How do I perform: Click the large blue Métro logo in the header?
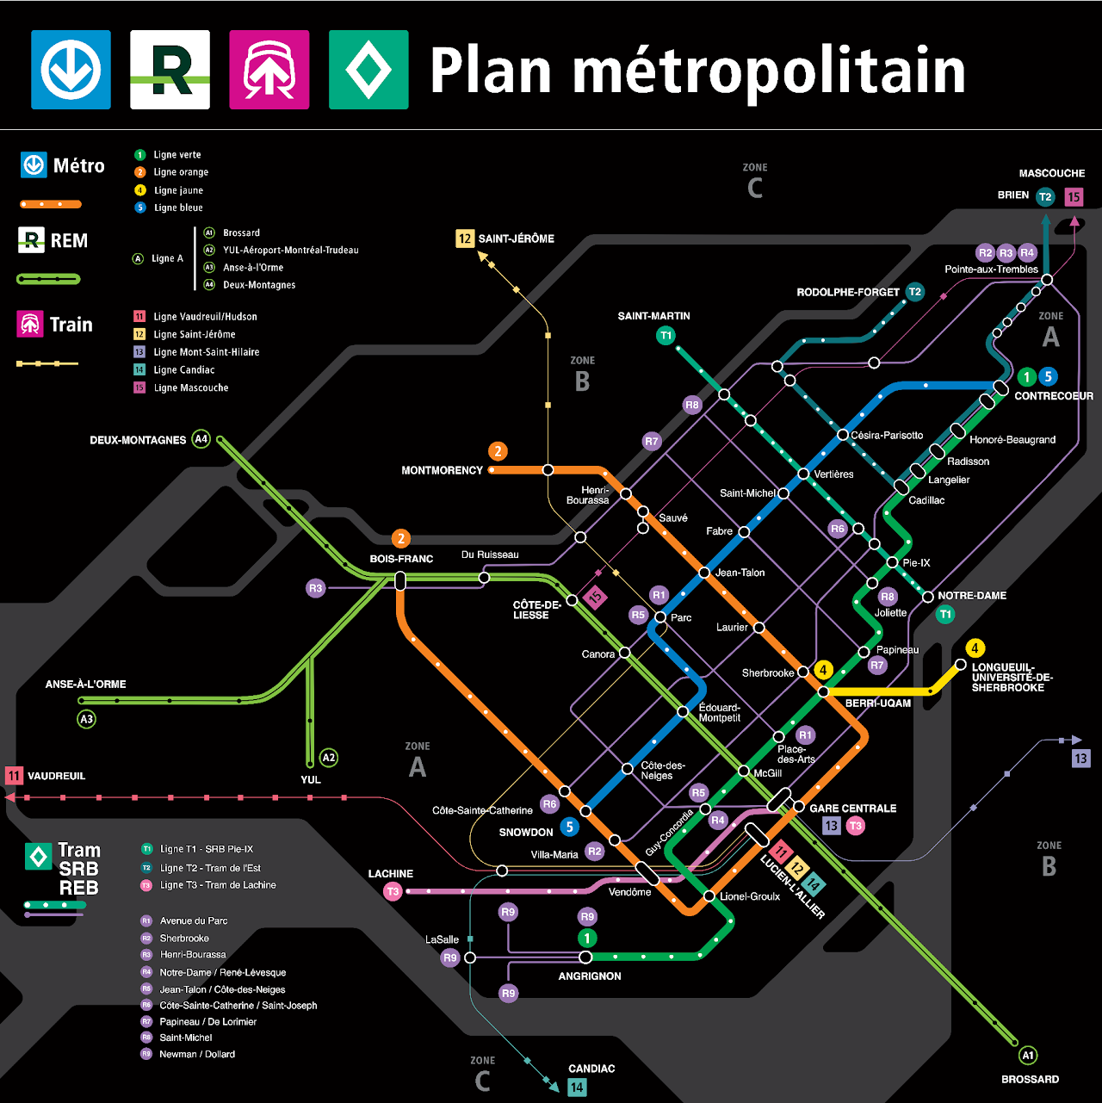point(71,70)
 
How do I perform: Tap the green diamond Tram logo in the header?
point(368,70)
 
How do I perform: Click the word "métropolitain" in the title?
point(769,71)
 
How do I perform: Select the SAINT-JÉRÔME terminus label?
point(516,239)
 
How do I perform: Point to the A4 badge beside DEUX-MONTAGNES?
point(201,439)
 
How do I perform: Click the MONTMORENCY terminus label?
point(442,470)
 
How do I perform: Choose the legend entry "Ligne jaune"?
point(178,190)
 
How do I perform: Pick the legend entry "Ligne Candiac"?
point(184,370)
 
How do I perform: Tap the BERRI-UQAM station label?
point(877,703)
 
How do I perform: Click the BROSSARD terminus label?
point(1030,1079)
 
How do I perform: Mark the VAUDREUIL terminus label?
point(56,776)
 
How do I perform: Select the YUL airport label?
point(311,779)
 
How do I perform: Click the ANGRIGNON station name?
point(590,976)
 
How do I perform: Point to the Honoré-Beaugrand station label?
point(1012,440)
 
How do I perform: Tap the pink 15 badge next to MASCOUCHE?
point(1074,197)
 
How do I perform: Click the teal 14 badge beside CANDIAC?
point(577,1088)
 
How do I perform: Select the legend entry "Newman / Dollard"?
point(197,1054)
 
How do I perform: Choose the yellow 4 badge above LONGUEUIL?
point(975,648)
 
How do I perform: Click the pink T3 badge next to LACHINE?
point(393,891)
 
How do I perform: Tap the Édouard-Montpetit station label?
point(719,713)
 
